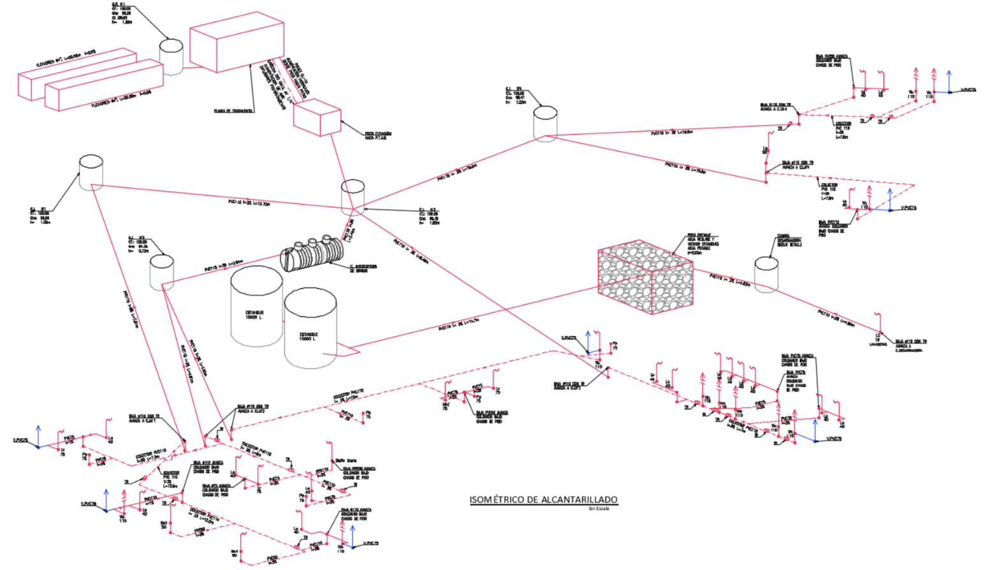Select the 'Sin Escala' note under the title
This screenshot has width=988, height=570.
click(x=599, y=508)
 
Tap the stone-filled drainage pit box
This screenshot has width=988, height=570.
click(x=645, y=280)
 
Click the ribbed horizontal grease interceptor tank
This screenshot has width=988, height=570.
click(x=311, y=254)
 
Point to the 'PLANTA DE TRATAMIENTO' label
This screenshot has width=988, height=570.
click(x=233, y=110)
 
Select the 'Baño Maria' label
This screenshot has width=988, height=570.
click(x=345, y=460)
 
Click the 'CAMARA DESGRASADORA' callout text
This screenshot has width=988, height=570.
click(x=789, y=240)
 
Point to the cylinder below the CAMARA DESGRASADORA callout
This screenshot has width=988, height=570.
click(x=766, y=274)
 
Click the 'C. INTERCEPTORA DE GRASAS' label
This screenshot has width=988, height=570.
click(x=363, y=268)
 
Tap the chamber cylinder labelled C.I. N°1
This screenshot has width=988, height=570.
click(x=91, y=172)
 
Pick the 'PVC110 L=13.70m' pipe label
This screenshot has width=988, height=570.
click(x=249, y=202)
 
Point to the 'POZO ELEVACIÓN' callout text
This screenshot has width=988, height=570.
click(x=378, y=136)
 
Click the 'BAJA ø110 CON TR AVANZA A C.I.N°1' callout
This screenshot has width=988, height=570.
click(x=144, y=418)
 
